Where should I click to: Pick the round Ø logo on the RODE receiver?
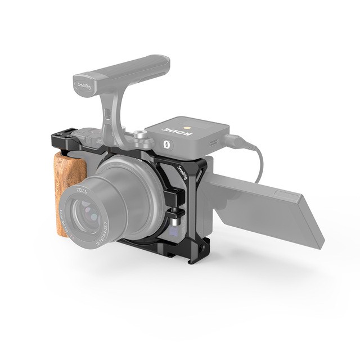click(167, 144)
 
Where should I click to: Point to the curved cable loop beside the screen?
click(259, 160)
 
